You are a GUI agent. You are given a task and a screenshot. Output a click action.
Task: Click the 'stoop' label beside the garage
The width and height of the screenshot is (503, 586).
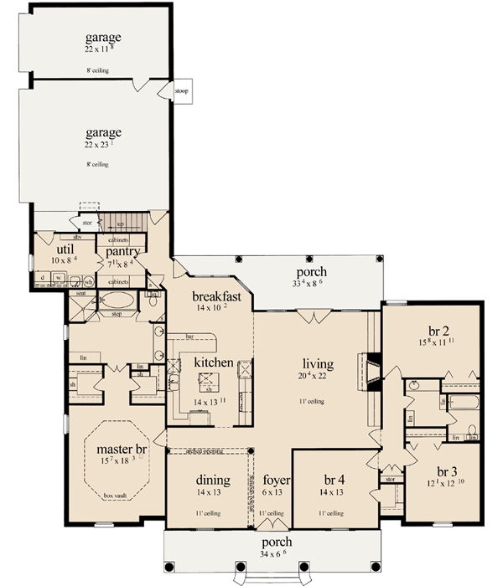(x=182, y=90)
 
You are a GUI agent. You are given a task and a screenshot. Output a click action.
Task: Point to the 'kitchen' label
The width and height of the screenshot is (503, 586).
(x=208, y=362)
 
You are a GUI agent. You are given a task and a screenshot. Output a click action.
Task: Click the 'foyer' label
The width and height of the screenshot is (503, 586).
(x=271, y=481)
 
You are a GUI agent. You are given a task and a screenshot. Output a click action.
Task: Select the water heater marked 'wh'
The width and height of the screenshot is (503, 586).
(x=88, y=281)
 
